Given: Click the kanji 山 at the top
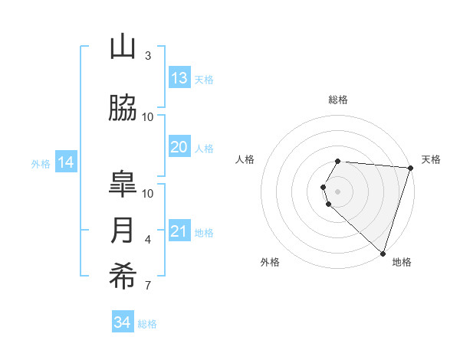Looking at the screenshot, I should coord(123,47).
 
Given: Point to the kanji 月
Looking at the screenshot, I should coord(123,231).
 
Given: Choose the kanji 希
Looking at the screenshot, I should coord(123,277).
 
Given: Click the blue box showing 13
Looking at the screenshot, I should coord(179,77).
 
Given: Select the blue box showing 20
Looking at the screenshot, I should coord(179,147).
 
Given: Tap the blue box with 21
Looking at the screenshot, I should coord(179,231).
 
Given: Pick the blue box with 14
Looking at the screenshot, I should coord(66,162).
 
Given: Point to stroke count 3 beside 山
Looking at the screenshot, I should coord(147,56).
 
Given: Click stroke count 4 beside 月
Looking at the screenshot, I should coord(147,240).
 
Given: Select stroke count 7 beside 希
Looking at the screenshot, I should coord(147,286).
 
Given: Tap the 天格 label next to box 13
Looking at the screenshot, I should coord(204,79).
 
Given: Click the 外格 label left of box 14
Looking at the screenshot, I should coord(40,163).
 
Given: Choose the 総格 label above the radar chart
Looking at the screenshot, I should coord(338,100).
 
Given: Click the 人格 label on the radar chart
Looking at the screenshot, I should coord(245,159).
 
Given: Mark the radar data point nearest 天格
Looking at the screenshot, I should coord(410,168).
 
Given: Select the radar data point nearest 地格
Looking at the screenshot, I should coord(383,253).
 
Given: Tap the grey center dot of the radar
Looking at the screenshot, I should coord(338,191).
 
